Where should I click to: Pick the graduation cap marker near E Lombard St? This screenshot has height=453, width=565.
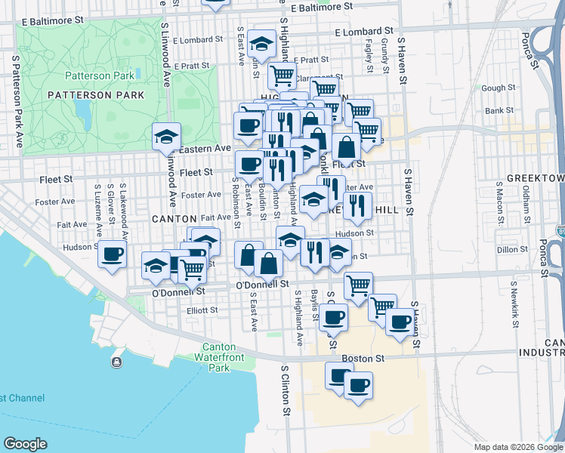coord(261,44)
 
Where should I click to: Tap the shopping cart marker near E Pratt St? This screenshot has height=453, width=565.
coord(282,75)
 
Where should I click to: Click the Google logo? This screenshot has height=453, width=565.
coord(26,444)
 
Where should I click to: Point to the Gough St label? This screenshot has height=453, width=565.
coord(499,88)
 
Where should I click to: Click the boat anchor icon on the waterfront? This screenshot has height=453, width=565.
coord(116,362)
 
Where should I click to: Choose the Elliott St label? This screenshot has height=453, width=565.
coord(202,310)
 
